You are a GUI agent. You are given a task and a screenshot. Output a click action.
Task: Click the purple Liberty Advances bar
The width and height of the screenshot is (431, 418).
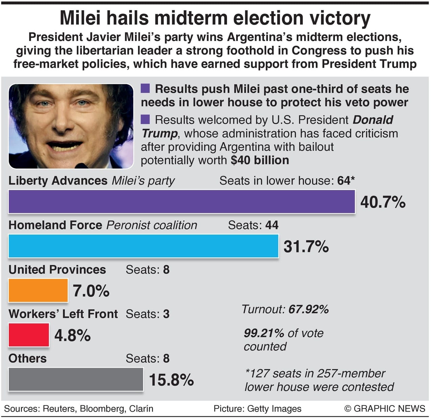pos(182,202)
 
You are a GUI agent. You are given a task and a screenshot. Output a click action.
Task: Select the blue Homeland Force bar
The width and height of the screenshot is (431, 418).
pos(143,246)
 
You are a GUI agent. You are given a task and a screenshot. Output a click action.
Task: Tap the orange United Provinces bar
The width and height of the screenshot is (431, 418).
pos(38,290)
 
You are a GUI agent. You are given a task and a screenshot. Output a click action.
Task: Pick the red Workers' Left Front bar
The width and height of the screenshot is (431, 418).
pos(29,335)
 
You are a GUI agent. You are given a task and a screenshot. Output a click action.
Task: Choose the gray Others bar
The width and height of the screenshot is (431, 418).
pos(76,379)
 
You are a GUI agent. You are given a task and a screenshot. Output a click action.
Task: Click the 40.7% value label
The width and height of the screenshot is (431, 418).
pos(383,202)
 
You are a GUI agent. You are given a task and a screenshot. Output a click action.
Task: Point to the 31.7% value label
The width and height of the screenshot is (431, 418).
pos(306,246)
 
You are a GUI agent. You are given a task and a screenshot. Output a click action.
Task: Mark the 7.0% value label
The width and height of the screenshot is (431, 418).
pos(91,291)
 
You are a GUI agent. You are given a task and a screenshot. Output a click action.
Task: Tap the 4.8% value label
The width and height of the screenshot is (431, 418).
pos(72,335)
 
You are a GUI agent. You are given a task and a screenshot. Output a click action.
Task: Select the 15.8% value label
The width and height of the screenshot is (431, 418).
pos(171,380)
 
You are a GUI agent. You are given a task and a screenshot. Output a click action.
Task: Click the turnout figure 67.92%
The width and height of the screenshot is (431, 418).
pos(309,309)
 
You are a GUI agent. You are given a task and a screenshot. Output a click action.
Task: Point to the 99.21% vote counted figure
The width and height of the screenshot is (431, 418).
pos(264,333)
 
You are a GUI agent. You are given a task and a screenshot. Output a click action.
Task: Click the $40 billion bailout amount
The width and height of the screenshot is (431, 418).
pos(260,160)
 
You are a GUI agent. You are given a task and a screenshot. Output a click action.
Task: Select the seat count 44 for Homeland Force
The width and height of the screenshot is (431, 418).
pos(272,225)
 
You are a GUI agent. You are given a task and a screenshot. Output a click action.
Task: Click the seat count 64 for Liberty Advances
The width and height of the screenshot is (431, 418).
pos(344,181)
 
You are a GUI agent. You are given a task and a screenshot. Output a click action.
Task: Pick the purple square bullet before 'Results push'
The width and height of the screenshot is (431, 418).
pos(145,89)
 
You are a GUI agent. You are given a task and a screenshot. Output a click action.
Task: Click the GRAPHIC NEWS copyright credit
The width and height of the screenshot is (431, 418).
pos(385,409)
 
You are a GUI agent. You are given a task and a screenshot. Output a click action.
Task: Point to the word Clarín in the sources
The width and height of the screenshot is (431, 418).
pos(141,409)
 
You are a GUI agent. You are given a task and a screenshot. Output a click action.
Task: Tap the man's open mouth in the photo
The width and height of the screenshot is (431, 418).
pos(65,146)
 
